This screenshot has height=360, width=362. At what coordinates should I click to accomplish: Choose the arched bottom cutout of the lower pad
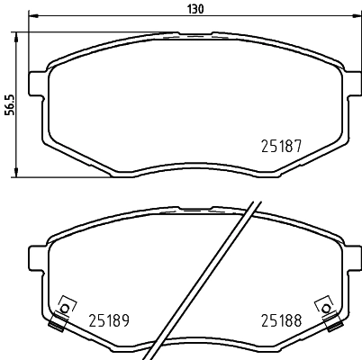(194, 341)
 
